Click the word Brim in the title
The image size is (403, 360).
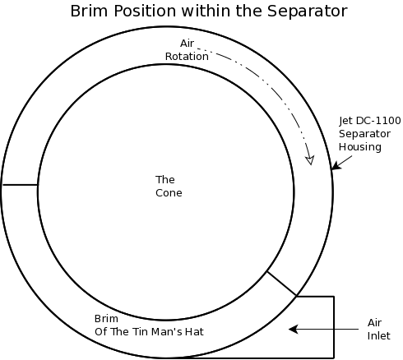point(89,12)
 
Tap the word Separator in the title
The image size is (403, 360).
point(308,12)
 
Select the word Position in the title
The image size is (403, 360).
point(145,12)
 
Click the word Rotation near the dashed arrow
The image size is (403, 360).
point(187,57)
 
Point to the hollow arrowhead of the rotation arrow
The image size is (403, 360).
point(310,160)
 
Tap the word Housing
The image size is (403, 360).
point(360,147)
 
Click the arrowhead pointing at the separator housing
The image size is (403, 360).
point(336,165)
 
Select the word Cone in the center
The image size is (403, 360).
point(169,193)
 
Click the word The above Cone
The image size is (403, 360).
point(165,180)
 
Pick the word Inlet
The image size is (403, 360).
point(378,336)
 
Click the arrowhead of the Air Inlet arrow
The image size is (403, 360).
point(294,329)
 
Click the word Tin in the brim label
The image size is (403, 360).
point(140,332)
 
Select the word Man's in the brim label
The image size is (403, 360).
point(166,332)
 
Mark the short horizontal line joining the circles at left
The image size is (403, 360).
point(20,185)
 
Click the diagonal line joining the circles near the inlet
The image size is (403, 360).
point(281,284)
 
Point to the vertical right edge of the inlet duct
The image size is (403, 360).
point(334,327)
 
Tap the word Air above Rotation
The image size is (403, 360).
point(188,44)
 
